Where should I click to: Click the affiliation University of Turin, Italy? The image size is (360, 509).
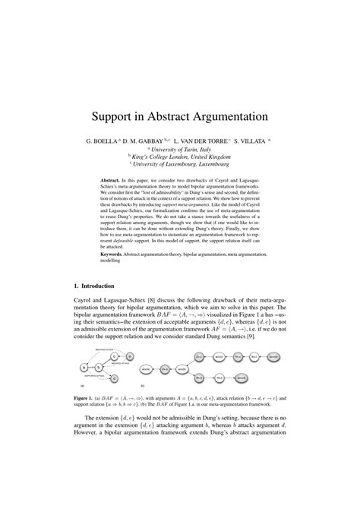tap(181, 150)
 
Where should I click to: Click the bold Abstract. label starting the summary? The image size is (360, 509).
tap(112, 181)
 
